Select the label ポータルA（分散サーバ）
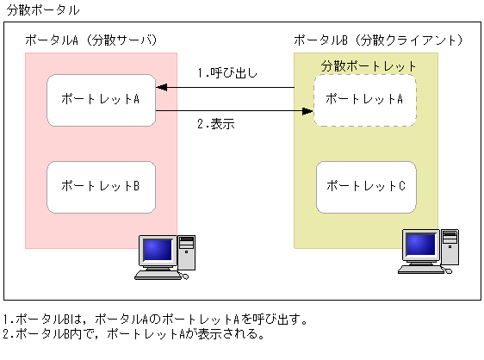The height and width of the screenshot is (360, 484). [90, 40]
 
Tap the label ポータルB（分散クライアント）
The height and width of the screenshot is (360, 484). [378, 40]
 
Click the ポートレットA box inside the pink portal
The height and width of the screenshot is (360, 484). [100, 99]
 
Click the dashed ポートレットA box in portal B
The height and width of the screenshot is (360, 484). [366, 99]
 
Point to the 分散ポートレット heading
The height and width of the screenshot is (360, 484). [369, 65]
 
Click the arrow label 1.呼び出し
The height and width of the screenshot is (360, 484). [227, 72]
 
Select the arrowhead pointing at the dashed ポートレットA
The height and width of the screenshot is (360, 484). [307, 110]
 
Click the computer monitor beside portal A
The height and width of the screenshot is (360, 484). [157, 251]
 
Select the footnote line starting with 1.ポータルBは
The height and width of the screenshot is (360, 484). [155, 320]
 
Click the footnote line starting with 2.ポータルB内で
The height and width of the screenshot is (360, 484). [133, 333]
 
